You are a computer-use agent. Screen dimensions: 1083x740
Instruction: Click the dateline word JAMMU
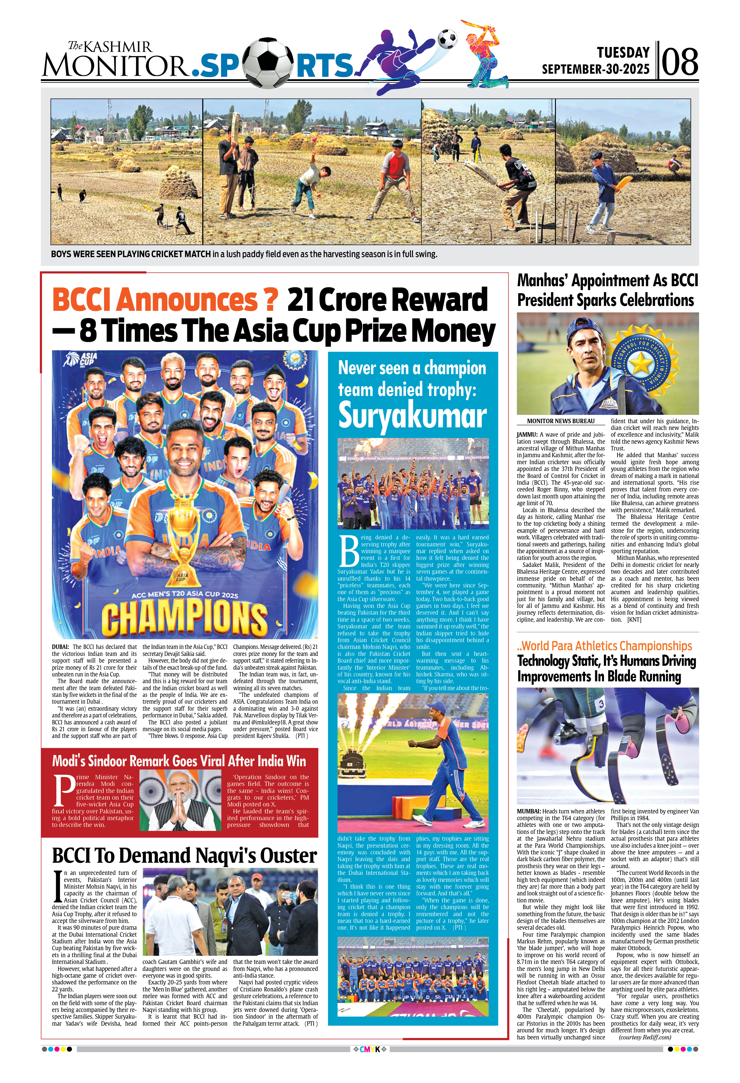(x=527, y=434)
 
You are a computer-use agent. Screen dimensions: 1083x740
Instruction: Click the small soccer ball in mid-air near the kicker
(x=447, y=39)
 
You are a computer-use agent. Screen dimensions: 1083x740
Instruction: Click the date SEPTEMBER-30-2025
(x=595, y=70)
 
